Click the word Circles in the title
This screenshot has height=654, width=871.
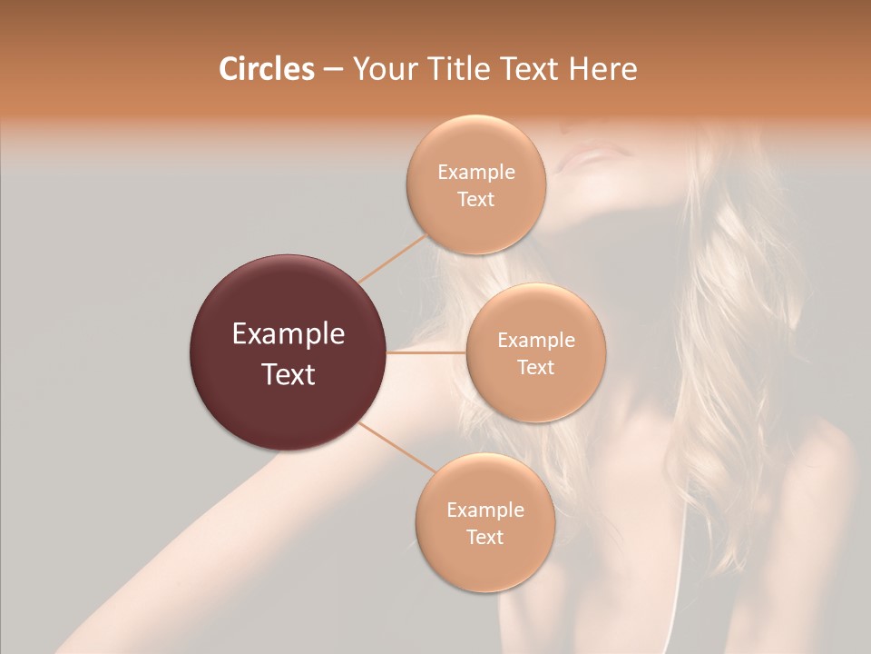tap(266, 69)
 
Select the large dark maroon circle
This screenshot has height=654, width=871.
tap(289, 352)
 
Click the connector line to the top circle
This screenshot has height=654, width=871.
tap(392, 258)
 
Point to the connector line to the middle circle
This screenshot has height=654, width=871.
tap(426, 352)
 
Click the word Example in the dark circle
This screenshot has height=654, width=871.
tap(289, 334)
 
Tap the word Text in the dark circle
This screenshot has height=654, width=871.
tap(289, 374)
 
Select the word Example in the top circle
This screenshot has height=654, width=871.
tap(476, 173)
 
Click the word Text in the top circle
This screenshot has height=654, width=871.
tap(476, 199)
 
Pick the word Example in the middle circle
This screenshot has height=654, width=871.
tap(535, 341)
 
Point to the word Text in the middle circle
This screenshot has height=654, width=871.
tap(535, 367)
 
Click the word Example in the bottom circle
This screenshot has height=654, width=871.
tap(484, 510)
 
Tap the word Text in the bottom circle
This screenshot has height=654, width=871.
tap(484, 537)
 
